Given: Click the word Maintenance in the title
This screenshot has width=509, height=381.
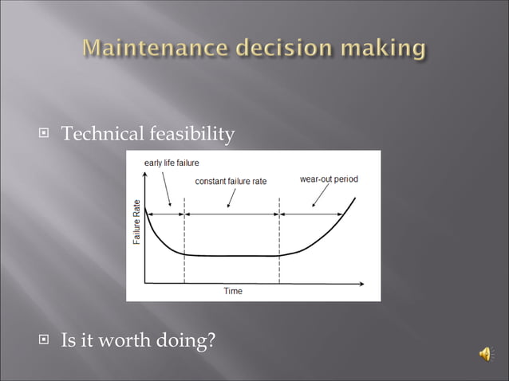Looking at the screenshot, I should tap(151, 49).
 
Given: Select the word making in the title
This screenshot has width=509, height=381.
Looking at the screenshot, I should tap(381, 49).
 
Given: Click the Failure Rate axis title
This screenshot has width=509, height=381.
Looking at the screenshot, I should tap(137, 222).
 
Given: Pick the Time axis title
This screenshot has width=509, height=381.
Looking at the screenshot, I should tap(232, 292).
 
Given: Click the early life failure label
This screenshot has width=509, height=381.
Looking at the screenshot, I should tap(172, 163).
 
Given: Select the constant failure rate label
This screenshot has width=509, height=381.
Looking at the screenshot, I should tap(231, 181).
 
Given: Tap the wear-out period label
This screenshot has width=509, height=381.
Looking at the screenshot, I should tap(329, 179).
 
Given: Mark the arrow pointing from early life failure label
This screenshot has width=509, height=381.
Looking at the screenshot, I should tap(167, 189).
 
